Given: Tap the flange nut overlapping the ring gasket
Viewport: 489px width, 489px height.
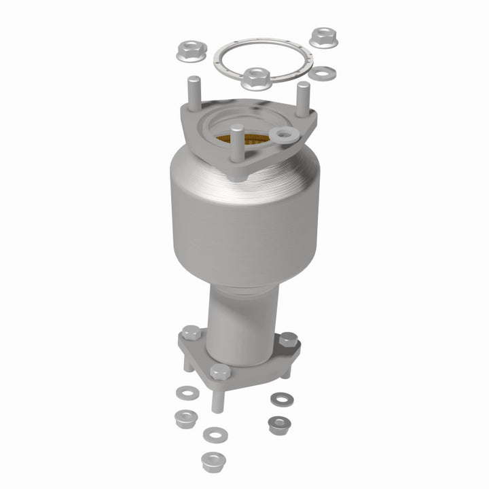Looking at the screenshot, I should [255, 78].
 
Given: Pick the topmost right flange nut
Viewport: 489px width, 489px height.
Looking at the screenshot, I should [321, 38].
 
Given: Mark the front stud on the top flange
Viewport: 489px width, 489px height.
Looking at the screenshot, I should [236, 146].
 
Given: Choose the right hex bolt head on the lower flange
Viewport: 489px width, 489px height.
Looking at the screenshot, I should [288, 339].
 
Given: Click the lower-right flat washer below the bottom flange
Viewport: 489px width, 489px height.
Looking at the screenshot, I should [278, 398].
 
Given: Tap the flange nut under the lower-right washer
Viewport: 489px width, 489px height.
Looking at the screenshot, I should [276, 426].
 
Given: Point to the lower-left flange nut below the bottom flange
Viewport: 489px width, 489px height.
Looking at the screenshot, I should [184, 418].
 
